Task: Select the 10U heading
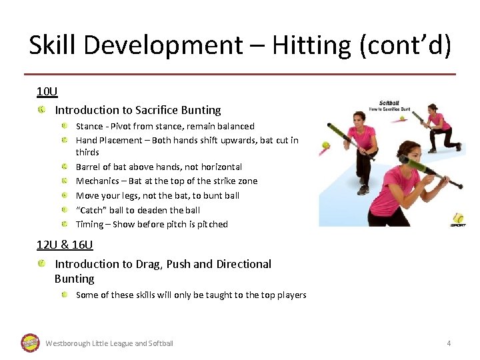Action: pos(47,91)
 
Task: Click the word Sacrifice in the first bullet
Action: pos(157,110)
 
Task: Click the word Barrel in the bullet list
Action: pos(90,167)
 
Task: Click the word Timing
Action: pos(89,224)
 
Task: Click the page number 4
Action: pos(449,343)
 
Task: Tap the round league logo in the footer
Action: pos(31,343)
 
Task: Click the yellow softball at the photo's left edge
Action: pos(325,145)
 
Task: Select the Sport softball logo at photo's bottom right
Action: pos(458,219)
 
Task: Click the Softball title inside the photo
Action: pos(389,103)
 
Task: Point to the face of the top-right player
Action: pos(433,108)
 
